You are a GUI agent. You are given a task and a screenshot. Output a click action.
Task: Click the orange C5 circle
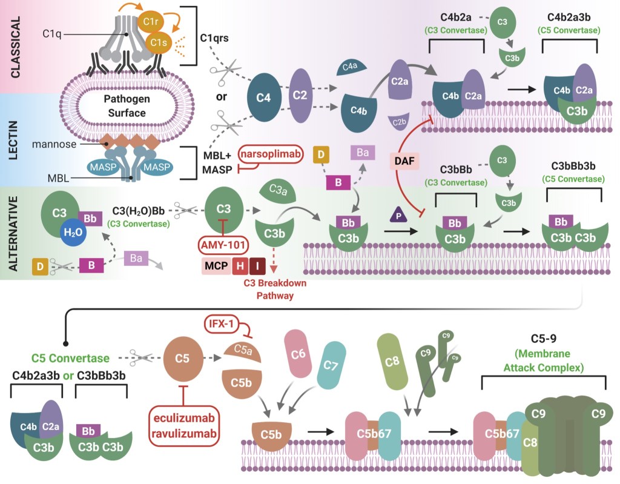pos(180,357)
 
